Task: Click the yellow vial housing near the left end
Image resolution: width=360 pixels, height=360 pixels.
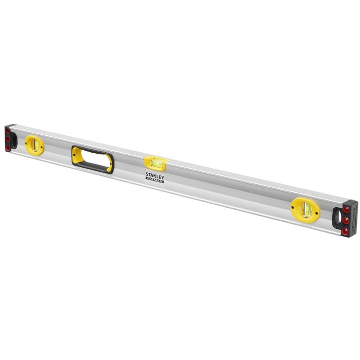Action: (34, 145)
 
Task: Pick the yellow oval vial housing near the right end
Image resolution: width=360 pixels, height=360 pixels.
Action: (305, 208)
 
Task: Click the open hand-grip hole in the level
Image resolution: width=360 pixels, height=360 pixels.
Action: (93, 159)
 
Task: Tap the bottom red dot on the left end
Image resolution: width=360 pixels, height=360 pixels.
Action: (8, 147)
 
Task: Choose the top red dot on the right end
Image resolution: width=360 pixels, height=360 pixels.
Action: (347, 210)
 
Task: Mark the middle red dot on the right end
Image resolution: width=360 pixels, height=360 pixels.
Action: (346, 220)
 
